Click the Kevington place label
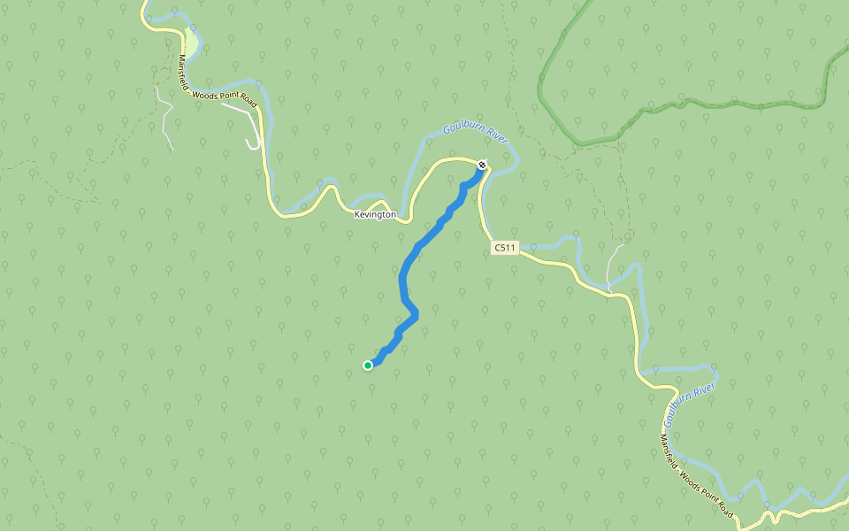point(375,215)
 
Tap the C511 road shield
point(504,249)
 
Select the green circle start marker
point(368,365)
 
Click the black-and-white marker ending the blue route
point(482,165)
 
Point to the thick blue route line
point(405,274)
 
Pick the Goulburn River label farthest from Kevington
point(689,405)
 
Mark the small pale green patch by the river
point(192,42)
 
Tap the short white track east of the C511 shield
point(612,265)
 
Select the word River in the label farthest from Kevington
point(703,390)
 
